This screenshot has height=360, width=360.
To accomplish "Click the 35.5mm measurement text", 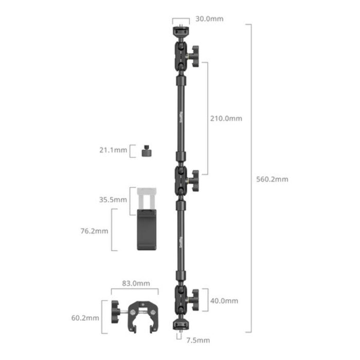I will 113,199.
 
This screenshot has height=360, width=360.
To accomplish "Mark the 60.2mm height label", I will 85,318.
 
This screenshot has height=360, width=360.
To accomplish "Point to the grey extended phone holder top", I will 148,200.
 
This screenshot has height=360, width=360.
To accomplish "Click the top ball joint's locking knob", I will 194,53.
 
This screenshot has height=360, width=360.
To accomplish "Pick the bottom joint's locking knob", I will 194,297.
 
